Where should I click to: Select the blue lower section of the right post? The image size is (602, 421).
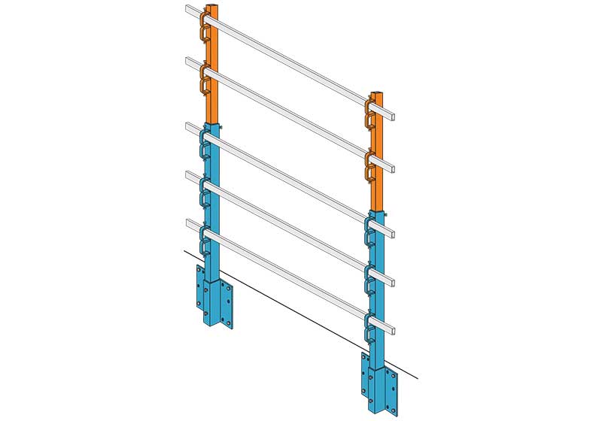click(x=380, y=301)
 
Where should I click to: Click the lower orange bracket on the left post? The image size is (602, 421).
click(x=204, y=80)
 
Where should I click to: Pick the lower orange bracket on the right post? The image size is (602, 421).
click(x=369, y=166)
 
